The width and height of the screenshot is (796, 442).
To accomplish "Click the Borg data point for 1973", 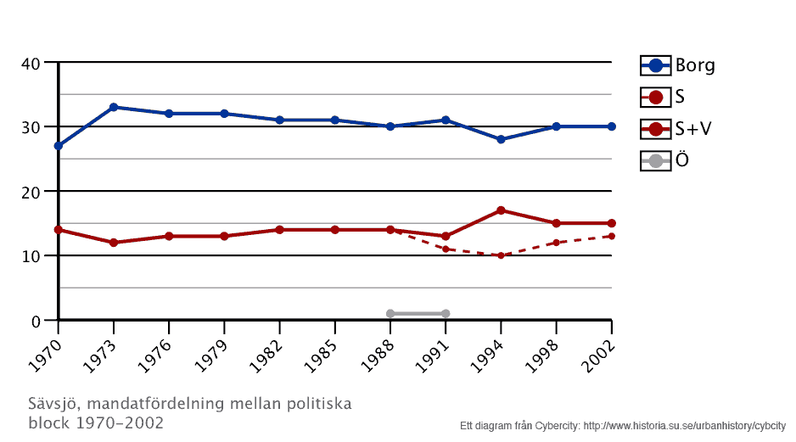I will pos(114,107).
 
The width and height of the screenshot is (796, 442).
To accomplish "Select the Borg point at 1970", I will pos(59,146).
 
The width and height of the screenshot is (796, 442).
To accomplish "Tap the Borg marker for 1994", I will pos(501,139).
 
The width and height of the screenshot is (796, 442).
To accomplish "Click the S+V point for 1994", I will pos(501,210).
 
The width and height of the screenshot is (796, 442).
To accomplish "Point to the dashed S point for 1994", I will pos(501,255).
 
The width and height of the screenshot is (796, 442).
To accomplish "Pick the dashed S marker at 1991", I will pos(446,249).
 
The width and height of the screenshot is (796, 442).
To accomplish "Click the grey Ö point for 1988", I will pos(390,314).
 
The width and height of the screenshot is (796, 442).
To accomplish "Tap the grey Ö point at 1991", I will pos(446,314).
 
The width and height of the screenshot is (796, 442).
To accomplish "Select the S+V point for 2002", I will pos(611,223).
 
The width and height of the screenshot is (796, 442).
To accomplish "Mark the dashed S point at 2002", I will pos(611,236).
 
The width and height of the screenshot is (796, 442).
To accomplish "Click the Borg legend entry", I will pos(678,65).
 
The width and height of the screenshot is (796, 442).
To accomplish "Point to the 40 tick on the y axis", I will pos(31,63).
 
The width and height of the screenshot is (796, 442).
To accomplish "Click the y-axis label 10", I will pos(31,256).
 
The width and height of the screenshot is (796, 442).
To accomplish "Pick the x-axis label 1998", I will pos(546,348).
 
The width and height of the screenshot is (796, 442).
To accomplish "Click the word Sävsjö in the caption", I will pos(55,404).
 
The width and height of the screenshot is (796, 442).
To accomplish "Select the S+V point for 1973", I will pos(114,243).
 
